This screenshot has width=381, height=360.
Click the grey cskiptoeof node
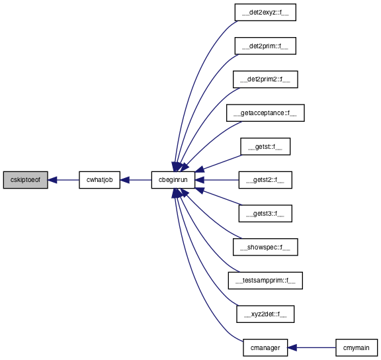26,180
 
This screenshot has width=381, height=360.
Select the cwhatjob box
99,180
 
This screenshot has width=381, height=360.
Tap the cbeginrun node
173,180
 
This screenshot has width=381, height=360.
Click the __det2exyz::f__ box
265,13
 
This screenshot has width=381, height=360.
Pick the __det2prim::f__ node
265,46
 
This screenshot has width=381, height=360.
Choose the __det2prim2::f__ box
265,79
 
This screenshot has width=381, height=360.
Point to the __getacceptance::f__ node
265,113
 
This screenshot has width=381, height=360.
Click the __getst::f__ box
265,146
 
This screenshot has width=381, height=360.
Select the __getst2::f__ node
265,180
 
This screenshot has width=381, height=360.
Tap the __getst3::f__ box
265,214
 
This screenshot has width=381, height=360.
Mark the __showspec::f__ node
265,247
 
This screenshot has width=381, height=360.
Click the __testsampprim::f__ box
265,281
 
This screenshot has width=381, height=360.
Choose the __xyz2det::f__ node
265,314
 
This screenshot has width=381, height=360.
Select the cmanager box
265,347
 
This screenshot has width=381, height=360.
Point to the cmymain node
357,347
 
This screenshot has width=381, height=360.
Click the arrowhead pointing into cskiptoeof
52,180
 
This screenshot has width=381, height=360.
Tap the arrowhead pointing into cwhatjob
124,180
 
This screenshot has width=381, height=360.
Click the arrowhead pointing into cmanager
292,347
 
